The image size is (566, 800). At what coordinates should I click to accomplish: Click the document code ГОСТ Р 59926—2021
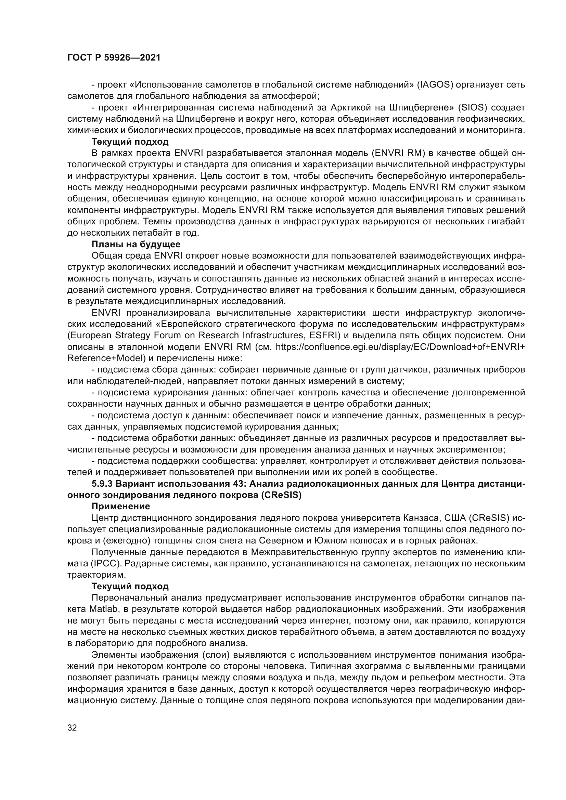tap(114, 58)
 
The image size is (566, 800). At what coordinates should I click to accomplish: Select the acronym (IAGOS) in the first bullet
tap(435, 85)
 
